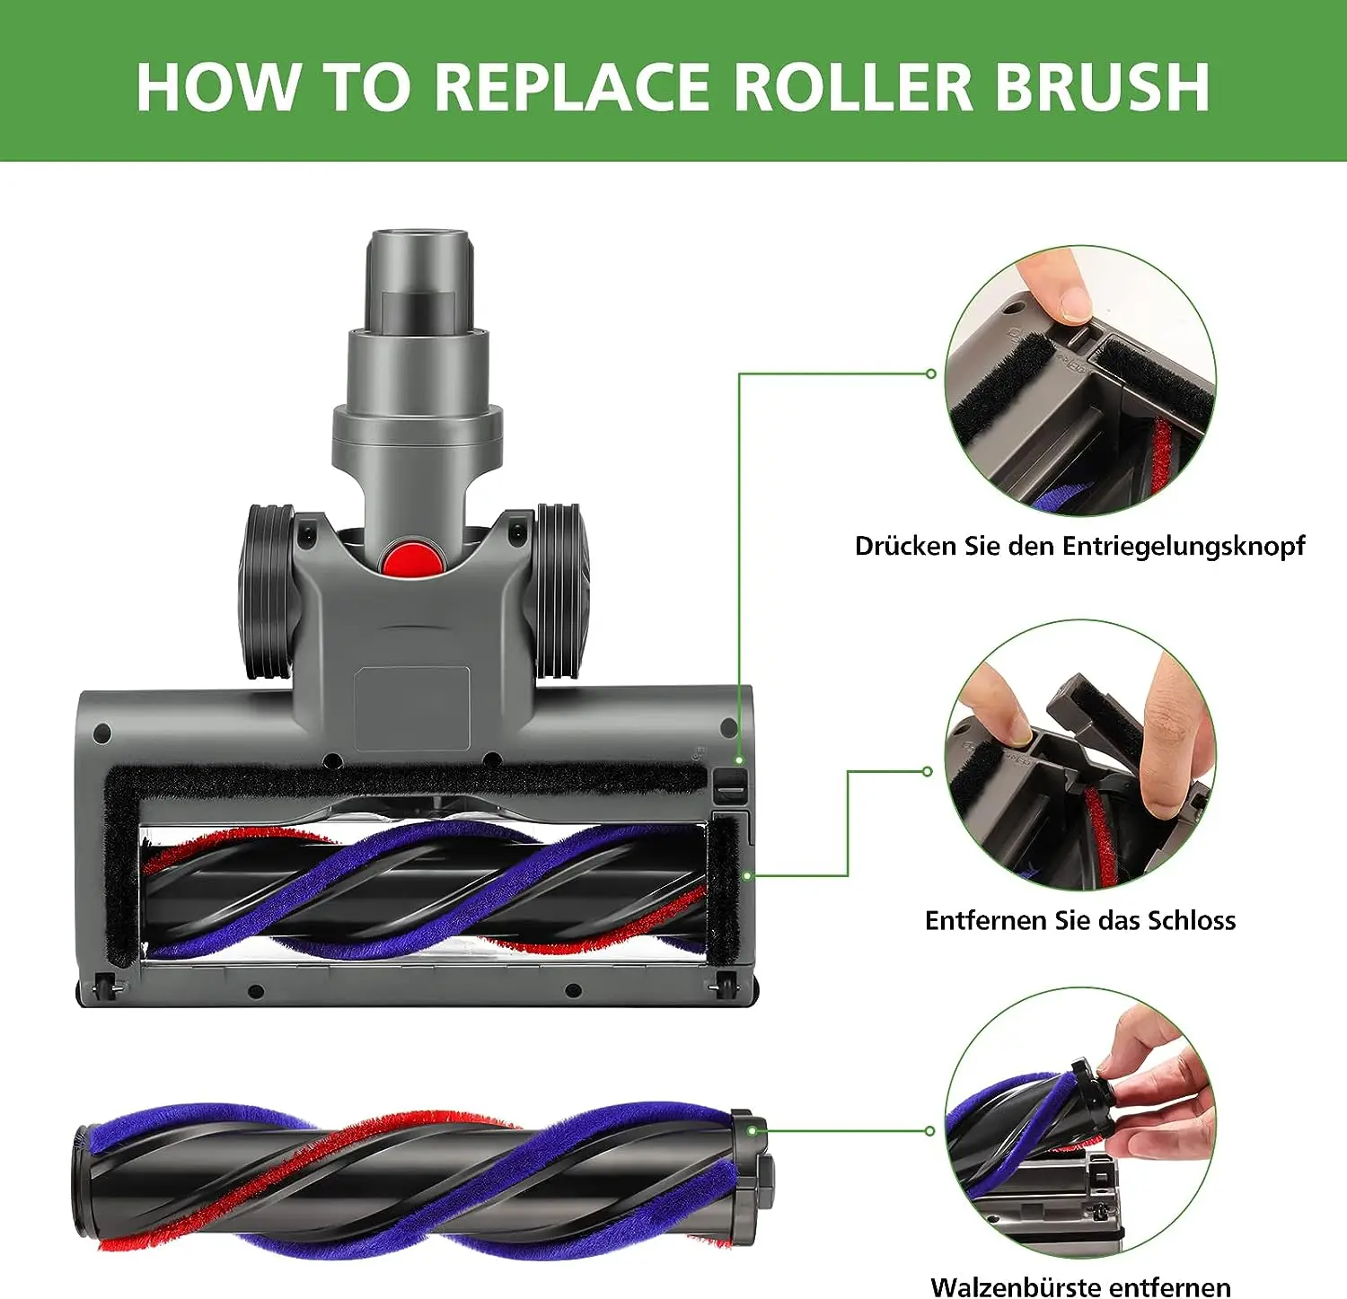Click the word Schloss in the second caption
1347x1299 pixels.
click(x=1192, y=920)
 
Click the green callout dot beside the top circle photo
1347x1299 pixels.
click(x=931, y=373)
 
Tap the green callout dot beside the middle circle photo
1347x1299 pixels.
click(x=928, y=771)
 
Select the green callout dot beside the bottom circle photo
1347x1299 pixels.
click(x=930, y=1130)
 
